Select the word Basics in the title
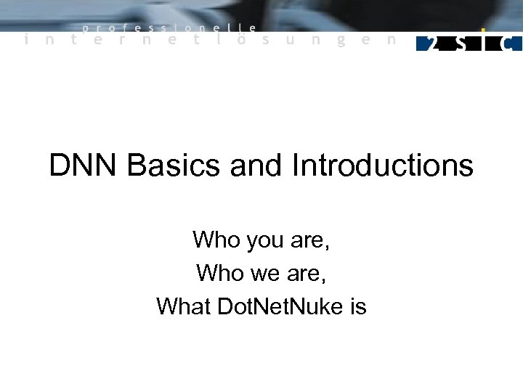pos(174,166)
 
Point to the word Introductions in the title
pos(382,166)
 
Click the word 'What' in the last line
pos(183,307)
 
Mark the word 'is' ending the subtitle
pos(358,307)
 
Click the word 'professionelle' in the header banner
pos(169,28)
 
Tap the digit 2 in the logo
pos(432,43)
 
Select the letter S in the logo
pos(460,43)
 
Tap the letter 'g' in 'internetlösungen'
pos(340,41)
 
